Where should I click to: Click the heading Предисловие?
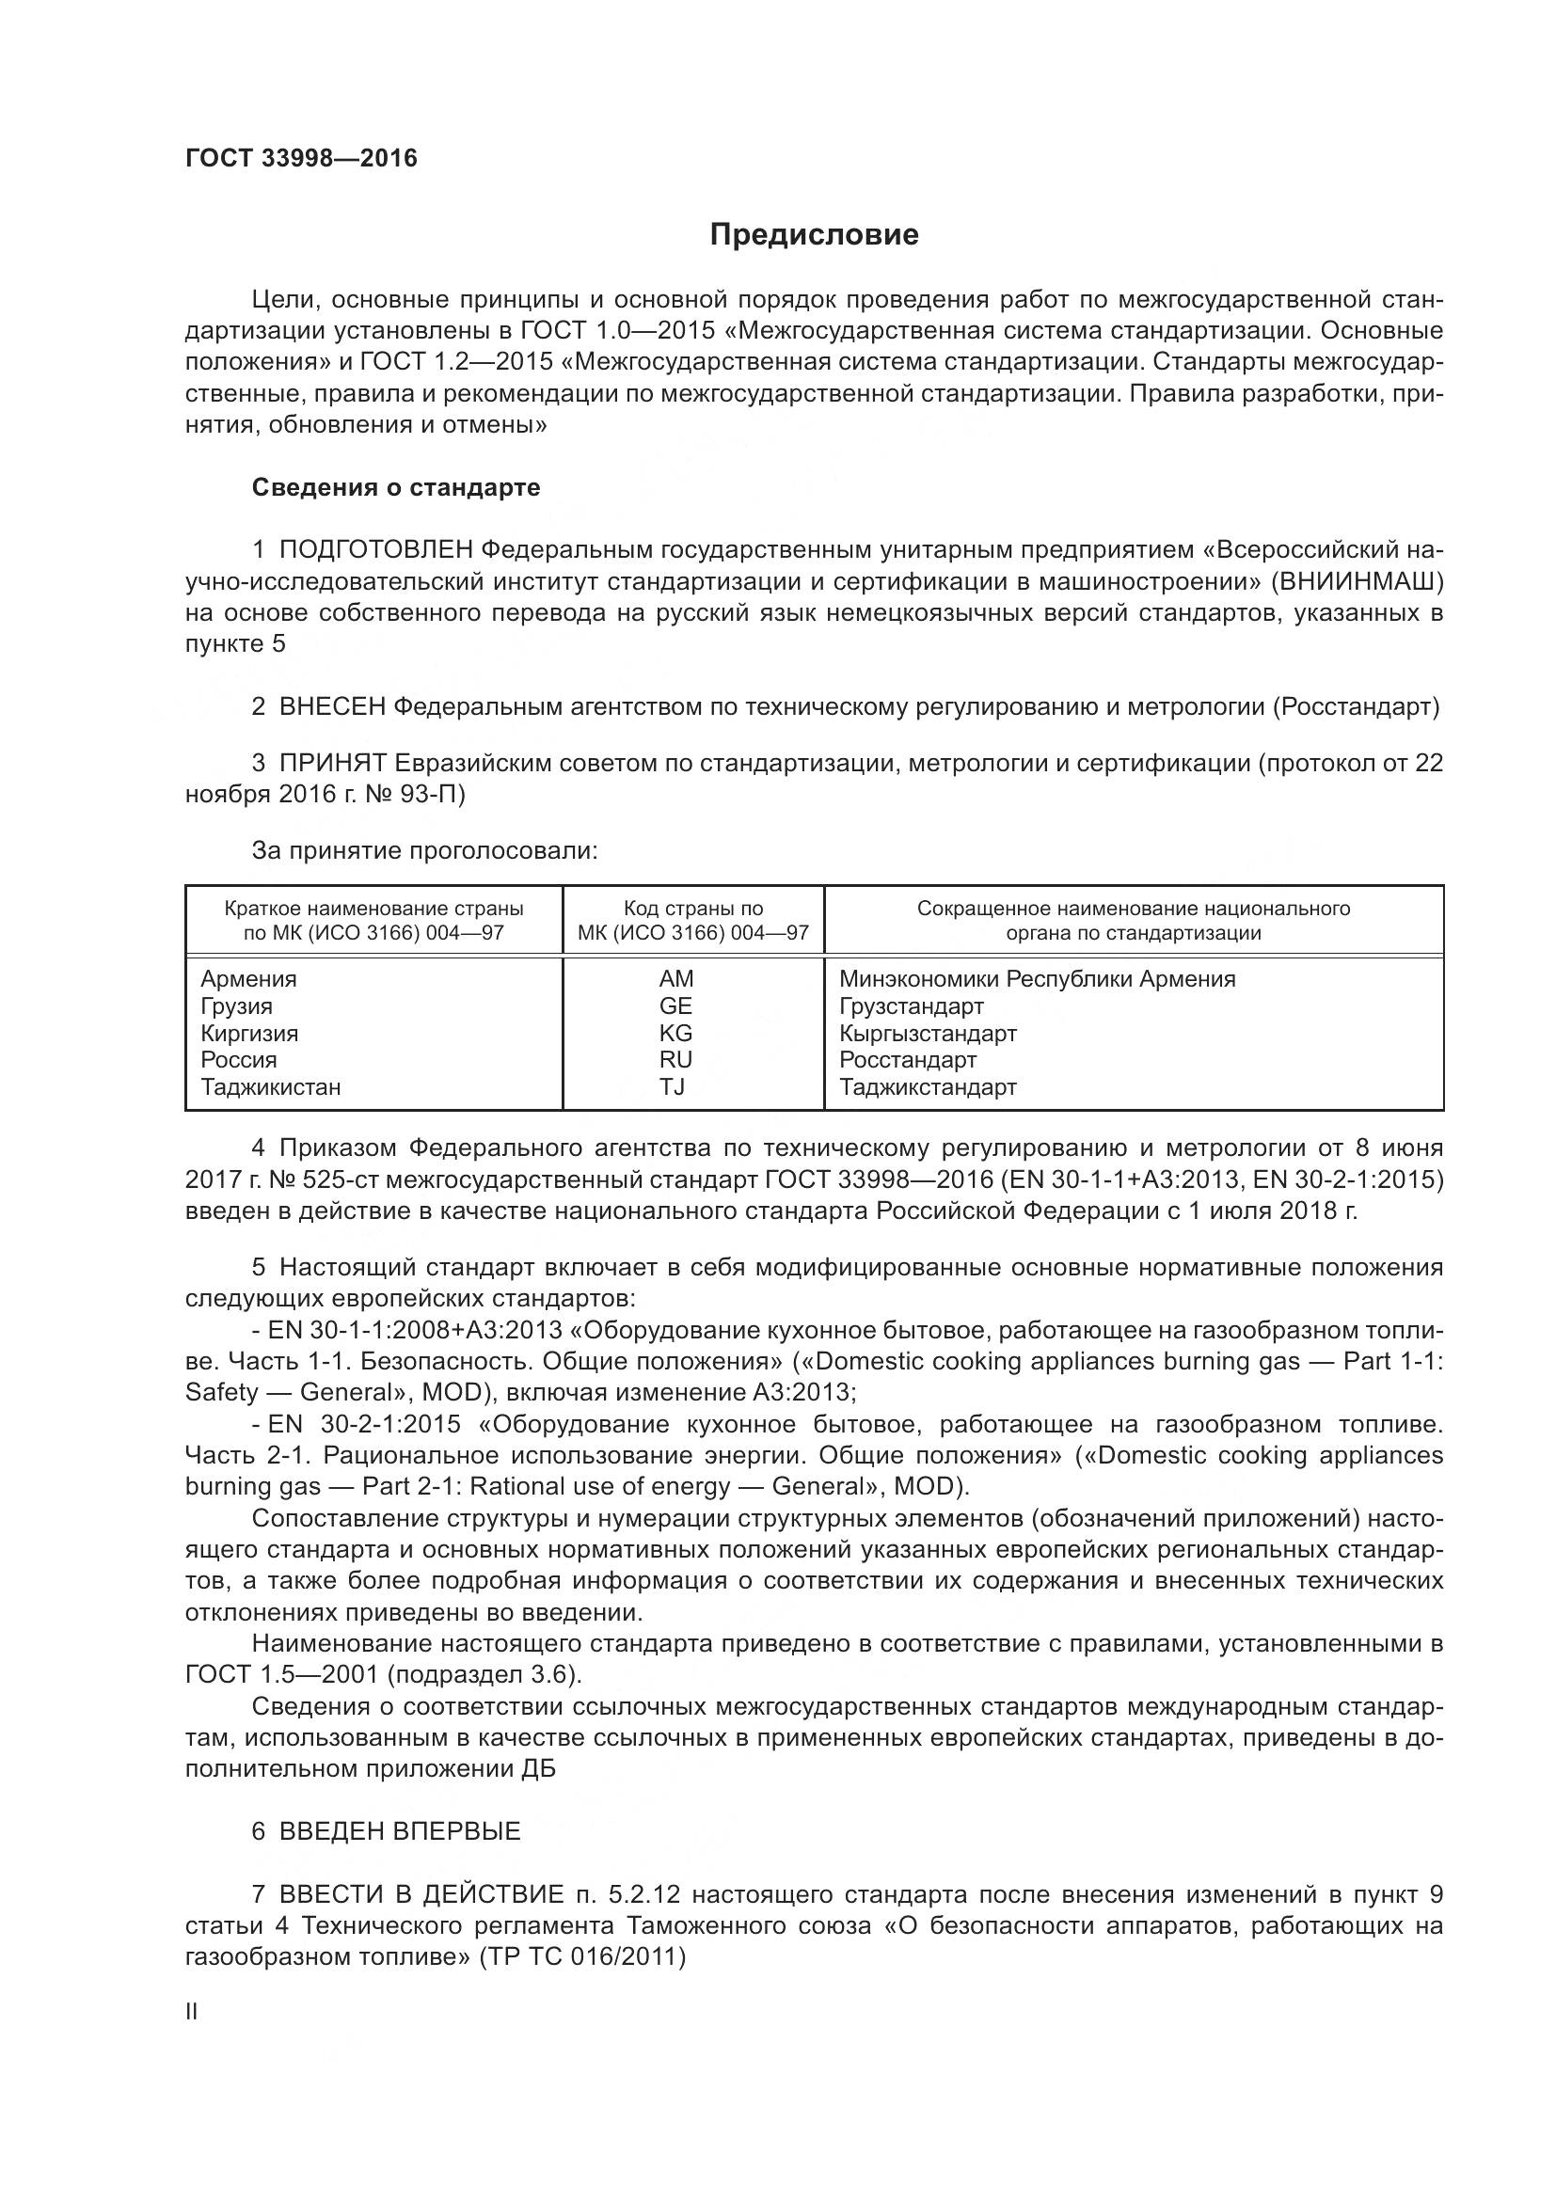[x=814, y=235]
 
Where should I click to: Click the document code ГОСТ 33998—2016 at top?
[x=301, y=159]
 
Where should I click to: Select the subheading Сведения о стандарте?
[x=396, y=488]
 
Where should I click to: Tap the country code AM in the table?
[x=675, y=979]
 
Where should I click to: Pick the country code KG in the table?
[x=675, y=1033]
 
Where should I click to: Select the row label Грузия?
[x=237, y=1006]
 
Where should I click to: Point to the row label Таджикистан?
[x=270, y=1086]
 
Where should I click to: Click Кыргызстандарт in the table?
[x=928, y=1033]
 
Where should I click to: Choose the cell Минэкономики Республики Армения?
[x=1037, y=979]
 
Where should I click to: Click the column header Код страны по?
[x=692, y=909]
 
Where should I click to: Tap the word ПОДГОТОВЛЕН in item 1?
[x=375, y=550]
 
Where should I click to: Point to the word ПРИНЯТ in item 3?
[x=331, y=763]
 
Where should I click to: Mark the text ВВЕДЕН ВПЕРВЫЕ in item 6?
[x=400, y=1831]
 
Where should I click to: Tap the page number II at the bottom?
[x=192, y=2012]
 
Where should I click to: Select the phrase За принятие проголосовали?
[x=424, y=851]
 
